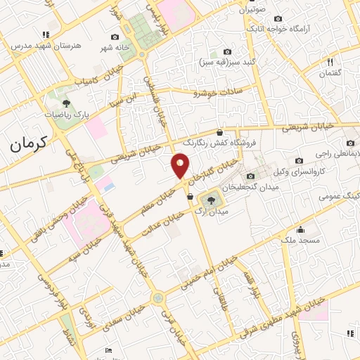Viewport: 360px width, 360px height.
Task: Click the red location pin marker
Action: point(180,165)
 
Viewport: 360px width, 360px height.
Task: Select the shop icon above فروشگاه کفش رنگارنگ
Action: point(220,131)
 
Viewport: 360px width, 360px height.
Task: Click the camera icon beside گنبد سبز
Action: point(227,51)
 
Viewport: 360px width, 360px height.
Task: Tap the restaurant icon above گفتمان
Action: point(330,63)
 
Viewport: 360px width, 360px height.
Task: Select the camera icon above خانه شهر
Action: point(115,37)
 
